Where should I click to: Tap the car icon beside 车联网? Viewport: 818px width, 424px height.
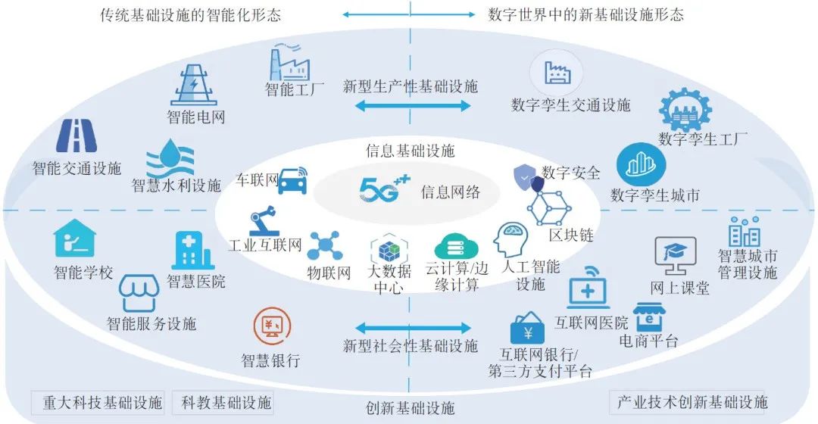(292, 181)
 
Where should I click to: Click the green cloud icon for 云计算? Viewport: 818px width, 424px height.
(457, 247)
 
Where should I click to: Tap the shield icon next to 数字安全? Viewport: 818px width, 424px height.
(527, 177)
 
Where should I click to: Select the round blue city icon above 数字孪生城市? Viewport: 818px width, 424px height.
(641, 164)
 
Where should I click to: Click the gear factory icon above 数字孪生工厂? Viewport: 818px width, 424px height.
(685, 111)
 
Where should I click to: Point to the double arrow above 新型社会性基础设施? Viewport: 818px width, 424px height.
(413, 328)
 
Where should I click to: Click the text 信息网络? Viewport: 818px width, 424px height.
(451, 192)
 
